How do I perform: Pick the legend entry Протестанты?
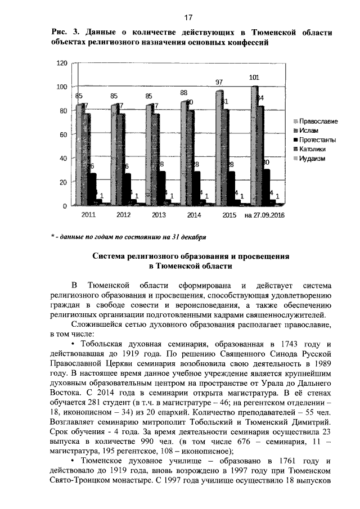point(318,139)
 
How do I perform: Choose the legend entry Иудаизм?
point(312,158)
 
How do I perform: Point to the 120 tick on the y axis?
point(61,63)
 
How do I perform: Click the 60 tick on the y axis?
point(63,135)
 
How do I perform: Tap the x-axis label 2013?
point(143,215)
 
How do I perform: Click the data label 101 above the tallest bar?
point(254,78)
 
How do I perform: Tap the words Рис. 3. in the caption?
point(61,33)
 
